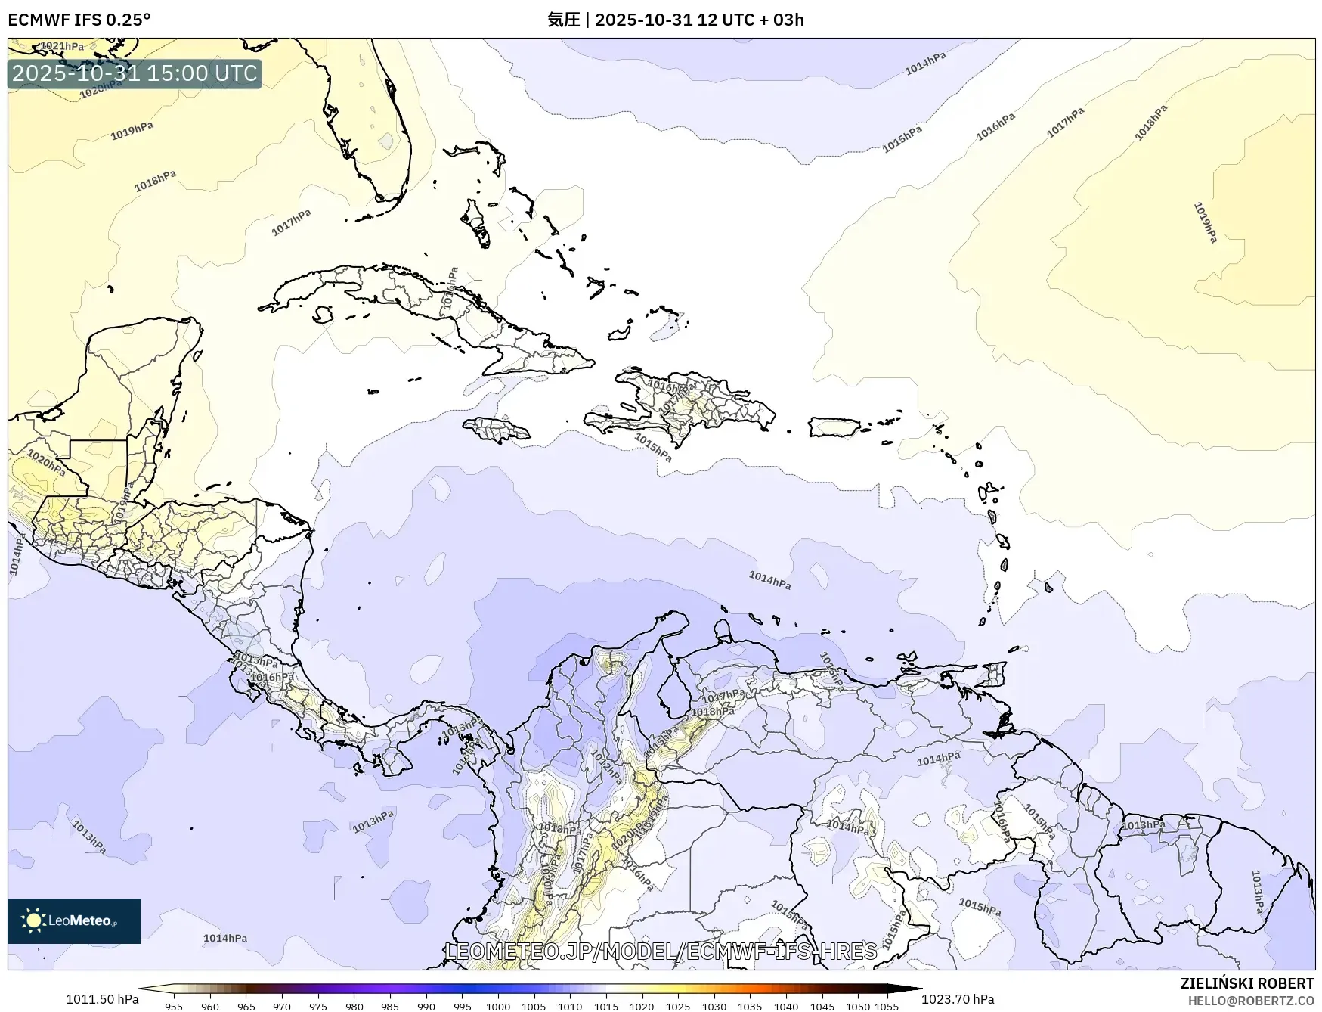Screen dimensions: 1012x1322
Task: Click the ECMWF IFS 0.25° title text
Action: tap(79, 20)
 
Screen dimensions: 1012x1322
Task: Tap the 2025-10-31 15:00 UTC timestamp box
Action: tap(135, 73)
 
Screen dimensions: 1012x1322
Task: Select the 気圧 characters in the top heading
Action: tap(563, 20)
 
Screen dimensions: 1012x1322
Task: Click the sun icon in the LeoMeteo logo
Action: tap(33, 920)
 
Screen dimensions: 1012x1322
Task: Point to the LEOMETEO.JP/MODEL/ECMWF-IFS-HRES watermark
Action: tap(661, 951)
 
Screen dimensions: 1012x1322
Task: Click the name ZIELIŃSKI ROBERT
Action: tap(1247, 983)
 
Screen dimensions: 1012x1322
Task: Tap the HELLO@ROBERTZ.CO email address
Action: tap(1251, 1001)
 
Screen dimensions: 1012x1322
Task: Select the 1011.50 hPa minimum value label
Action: tap(102, 999)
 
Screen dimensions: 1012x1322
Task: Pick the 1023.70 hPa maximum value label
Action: tap(958, 999)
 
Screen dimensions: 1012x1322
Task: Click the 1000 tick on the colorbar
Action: tap(497, 1006)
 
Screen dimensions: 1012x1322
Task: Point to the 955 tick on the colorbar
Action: tap(174, 1006)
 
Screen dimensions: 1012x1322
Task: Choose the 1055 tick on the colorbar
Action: tap(887, 1006)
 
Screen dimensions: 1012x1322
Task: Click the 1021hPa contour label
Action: tap(62, 46)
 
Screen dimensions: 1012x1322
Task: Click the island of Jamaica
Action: tap(498, 431)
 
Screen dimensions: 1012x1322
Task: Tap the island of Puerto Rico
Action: tap(834, 427)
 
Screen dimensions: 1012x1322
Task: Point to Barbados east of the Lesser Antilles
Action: tap(1049, 587)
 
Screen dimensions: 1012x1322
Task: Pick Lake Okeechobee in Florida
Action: tap(386, 141)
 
